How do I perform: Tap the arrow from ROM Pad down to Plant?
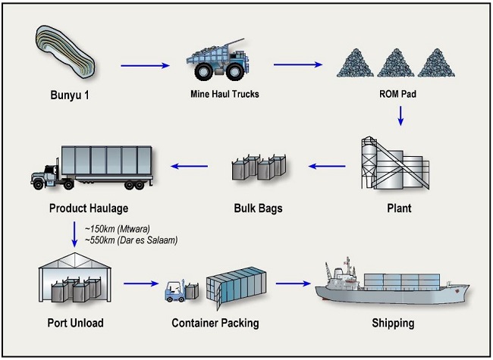(x=399, y=116)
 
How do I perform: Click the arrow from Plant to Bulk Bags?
(x=327, y=165)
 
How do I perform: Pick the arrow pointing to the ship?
(x=294, y=286)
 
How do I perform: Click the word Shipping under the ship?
(x=393, y=324)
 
